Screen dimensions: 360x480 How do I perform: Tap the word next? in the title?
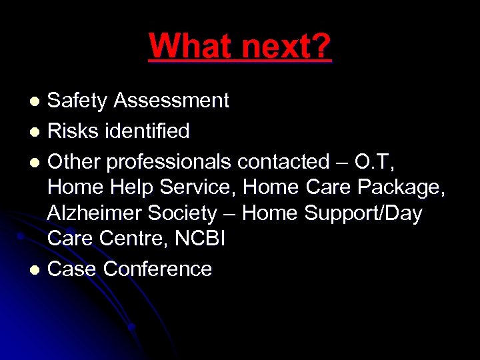tap(287, 46)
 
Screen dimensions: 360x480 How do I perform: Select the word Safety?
tap(77, 101)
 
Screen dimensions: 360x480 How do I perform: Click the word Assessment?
tap(171, 101)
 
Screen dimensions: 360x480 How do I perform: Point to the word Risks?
tap(74, 131)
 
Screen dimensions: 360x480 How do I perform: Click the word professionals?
tap(169, 161)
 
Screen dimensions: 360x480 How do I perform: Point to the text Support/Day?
tap(363, 213)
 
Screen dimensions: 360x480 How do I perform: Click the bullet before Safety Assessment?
tap(35, 101)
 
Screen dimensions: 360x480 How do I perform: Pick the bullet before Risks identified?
tap(35, 131)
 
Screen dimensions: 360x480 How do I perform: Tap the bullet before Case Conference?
tap(35, 269)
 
